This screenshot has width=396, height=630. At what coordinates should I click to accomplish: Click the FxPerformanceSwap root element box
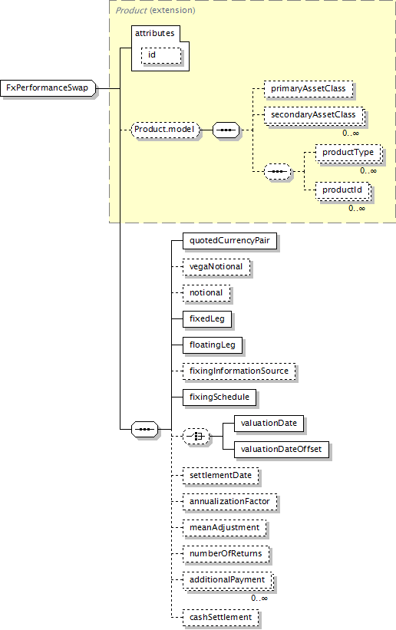pyautogui.click(x=48, y=88)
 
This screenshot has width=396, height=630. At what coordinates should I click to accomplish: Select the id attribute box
pyautogui.click(x=161, y=55)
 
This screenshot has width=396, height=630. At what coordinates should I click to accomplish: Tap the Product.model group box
pyautogui.click(x=166, y=130)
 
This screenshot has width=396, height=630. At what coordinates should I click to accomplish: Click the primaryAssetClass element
pyautogui.click(x=309, y=89)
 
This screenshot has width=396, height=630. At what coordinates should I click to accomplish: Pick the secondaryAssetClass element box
pyautogui.click(x=314, y=115)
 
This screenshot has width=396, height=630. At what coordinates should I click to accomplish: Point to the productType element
pyautogui.click(x=348, y=153)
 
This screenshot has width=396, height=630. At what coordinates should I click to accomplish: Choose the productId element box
pyautogui.click(x=342, y=190)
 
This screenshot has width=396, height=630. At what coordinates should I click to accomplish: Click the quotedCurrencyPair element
pyautogui.click(x=229, y=241)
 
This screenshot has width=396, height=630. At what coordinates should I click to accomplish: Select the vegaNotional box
pyautogui.click(x=216, y=267)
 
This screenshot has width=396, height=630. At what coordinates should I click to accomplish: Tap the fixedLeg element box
pyautogui.click(x=207, y=319)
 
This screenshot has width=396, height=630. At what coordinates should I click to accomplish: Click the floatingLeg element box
pyautogui.click(x=213, y=345)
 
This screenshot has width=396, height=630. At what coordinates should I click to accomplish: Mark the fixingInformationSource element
pyautogui.click(x=239, y=371)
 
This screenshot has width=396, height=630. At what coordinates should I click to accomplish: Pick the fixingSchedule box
pyautogui.click(x=219, y=397)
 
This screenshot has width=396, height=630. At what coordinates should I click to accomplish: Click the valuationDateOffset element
pyautogui.click(x=282, y=450)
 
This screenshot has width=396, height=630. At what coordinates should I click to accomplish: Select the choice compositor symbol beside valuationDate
pyautogui.click(x=196, y=437)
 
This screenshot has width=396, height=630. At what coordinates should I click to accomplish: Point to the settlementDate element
pyautogui.click(x=221, y=476)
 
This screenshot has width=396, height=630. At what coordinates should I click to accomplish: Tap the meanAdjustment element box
pyautogui.click(x=225, y=528)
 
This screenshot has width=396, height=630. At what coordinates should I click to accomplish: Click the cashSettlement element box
pyautogui.click(x=221, y=618)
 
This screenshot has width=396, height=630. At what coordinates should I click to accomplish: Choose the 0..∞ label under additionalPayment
pyautogui.click(x=259, y=599)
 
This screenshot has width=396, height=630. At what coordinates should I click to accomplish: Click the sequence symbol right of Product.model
pyautogui.click(x=226, y=130)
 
